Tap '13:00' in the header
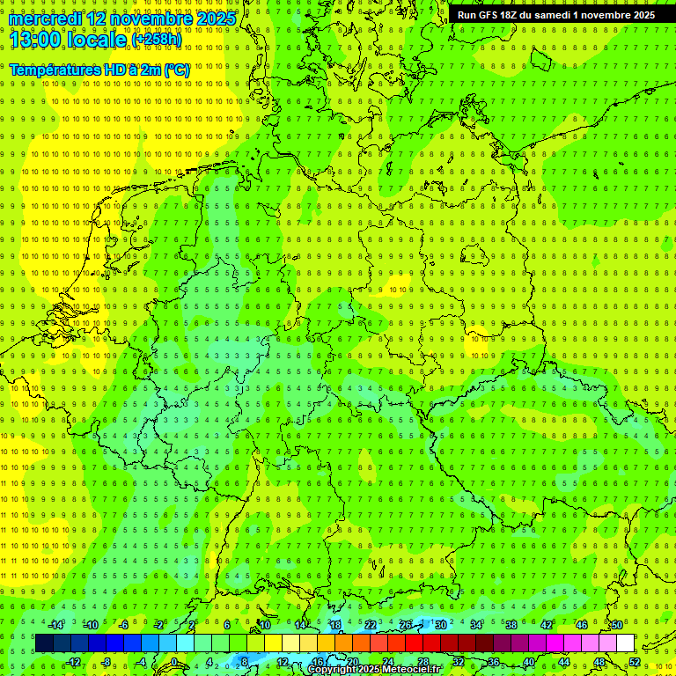35,39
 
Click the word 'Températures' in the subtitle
55,70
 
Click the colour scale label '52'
635,662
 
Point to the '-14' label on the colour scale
55,625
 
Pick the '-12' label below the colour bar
73,662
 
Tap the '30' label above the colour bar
441,625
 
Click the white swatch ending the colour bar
625,643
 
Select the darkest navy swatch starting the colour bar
44,643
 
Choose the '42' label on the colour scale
547,625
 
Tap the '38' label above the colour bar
511,625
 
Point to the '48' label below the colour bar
599,662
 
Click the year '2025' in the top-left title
216,18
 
